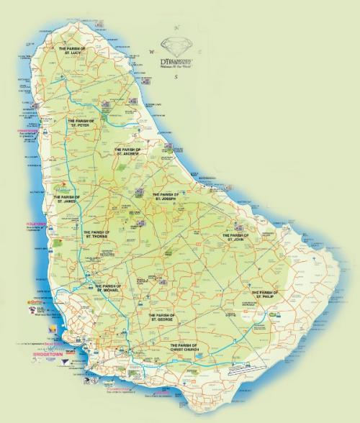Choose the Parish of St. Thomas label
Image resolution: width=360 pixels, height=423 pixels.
[97, 234]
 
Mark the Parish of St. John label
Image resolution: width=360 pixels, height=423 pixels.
[235, 237]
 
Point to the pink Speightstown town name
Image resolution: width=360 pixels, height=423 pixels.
[35, 131]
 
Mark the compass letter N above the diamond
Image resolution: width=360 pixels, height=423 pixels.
[176, 30]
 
